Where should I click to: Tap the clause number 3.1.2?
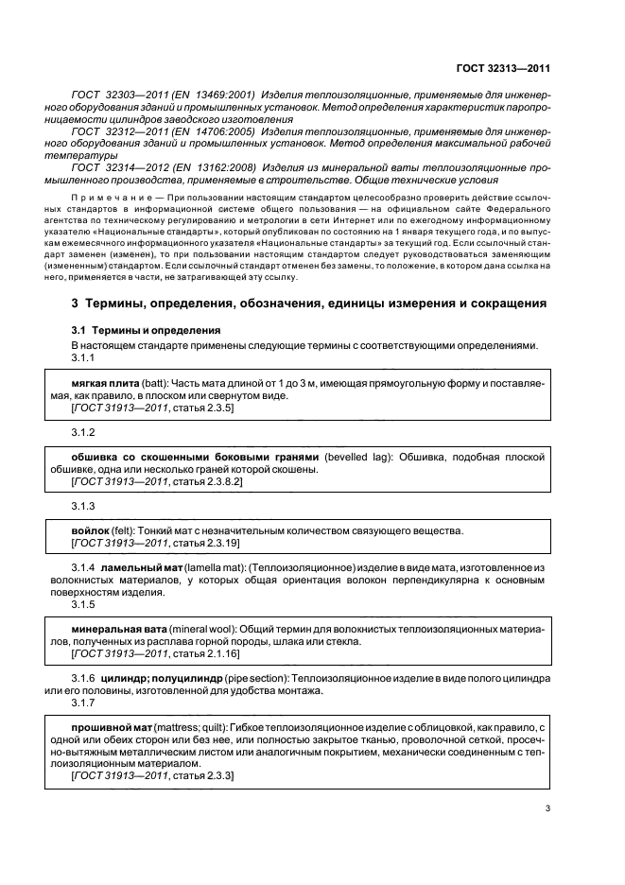(84, 431)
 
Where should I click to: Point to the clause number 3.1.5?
(84, 602)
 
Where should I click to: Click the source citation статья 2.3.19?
(200, 545)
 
